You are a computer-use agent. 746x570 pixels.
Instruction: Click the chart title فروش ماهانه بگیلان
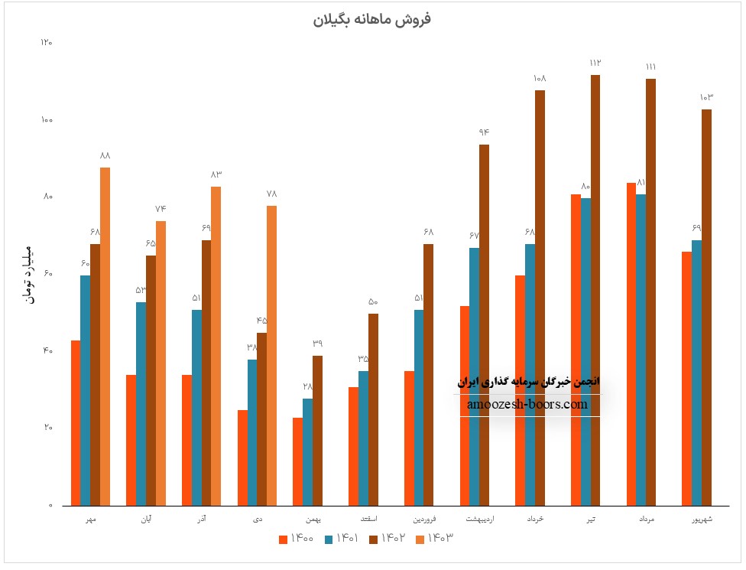372,20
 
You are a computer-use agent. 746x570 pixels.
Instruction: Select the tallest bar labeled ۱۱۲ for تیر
595,291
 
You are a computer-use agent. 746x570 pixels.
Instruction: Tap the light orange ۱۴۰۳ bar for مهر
105,337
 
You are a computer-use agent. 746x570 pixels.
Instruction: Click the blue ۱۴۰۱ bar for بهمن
307,452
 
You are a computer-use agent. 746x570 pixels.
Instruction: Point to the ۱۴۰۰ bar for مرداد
631,344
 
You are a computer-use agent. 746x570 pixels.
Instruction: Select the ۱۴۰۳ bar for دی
271,356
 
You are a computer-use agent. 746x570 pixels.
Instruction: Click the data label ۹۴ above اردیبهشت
484,132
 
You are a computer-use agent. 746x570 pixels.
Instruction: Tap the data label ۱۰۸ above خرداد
540,78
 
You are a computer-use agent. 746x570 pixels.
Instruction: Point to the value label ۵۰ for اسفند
373,301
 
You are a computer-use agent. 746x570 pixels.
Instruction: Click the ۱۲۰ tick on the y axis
47,43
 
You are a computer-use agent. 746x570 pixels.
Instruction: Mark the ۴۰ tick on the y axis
47,351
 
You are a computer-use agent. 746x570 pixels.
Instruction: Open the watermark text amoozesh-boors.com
527,405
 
